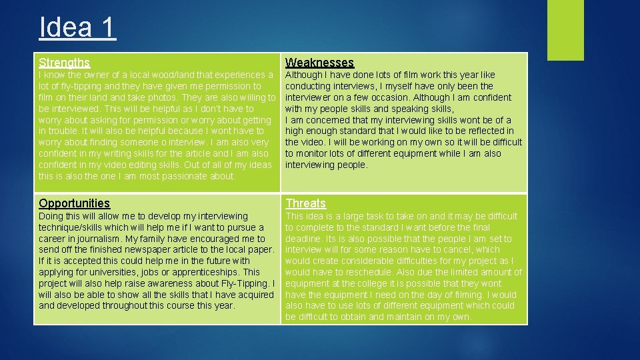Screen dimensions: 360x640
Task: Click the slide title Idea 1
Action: coord(77,27)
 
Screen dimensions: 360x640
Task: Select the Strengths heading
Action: coord(64,63)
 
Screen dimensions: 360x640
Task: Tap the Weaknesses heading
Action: coord(319,63)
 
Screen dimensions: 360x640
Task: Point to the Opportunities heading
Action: coord(74,203)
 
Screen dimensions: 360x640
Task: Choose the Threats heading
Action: coord(305,203)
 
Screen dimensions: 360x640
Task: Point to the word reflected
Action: coord(489,131)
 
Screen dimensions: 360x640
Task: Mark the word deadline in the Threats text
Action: coord(304,239)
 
